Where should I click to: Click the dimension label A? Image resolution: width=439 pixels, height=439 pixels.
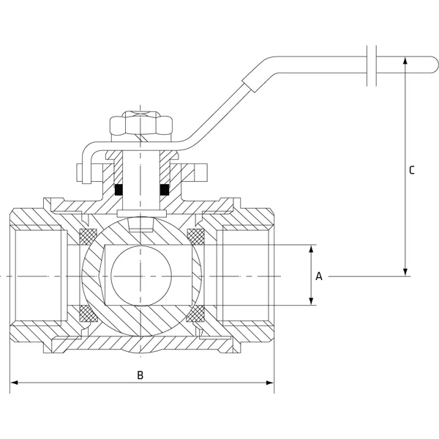pos(318,276)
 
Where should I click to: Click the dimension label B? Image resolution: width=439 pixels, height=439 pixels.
pos(141,375)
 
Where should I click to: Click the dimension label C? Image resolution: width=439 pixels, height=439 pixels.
pos(412,170)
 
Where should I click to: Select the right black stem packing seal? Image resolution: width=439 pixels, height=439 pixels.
pos(165,190)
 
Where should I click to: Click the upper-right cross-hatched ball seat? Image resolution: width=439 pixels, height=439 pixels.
pos(195,237)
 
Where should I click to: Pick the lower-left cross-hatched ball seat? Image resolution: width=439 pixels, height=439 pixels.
pos(88,313)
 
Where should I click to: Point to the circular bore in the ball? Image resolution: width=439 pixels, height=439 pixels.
pos(141,276)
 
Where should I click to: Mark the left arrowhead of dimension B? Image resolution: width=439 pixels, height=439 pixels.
pos(13,382)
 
